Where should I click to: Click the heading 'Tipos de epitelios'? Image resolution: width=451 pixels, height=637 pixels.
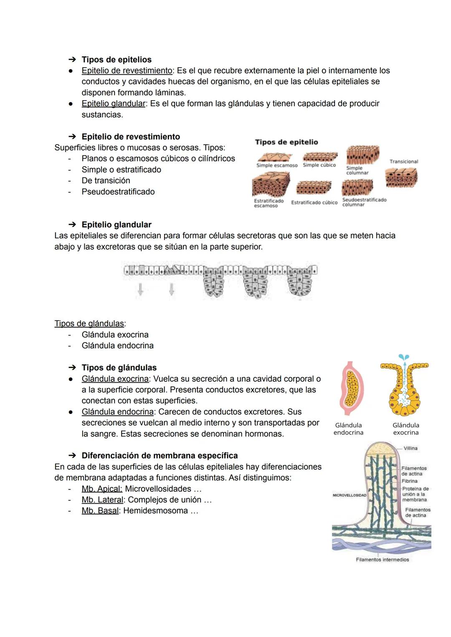pyautogui.click(x=117, y=60)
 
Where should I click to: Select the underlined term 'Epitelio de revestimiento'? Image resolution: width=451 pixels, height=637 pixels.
pyautogui.click(x=127, y=71)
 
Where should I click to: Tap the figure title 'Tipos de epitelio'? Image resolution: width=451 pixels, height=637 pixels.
pyautogui.click(x=286, y=142)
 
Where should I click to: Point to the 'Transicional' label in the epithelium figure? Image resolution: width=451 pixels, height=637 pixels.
pyautogui.click(x=403, y=162)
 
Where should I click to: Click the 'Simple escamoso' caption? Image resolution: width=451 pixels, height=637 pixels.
pyautogui.click(x=277, y=165)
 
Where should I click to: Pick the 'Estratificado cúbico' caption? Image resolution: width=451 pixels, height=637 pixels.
pyautogui.click(x=314, y=203)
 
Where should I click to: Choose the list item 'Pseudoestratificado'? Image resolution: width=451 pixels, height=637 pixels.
pyautogui.click(x=118, y=192)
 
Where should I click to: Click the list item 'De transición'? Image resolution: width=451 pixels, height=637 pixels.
pyautogui.click(x=106, y=180)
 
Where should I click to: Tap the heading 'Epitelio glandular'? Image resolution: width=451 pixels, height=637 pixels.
pyautogui.click(x=117, y=225)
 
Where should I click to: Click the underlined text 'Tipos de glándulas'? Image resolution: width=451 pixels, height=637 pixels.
pyautogui.click(x=90, y=324)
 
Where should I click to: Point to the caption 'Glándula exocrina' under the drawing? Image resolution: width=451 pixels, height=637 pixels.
pyautogui.click(x=405, y=429)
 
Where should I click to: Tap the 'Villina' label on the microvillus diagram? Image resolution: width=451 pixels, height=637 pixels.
pyautogui.click(x=410, y=448)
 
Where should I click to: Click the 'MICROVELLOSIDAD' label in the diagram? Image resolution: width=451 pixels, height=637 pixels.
pyautogui.click(x=350, y=495)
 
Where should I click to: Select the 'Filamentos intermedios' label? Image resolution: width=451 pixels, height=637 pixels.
pyautogui.click(x=382, y=560)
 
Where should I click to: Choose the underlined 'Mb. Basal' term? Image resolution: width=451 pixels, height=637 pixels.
pyautogui.click(x=100, y=511)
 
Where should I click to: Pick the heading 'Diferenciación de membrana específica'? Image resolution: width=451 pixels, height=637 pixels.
pyautogui.click(x=160, y=456)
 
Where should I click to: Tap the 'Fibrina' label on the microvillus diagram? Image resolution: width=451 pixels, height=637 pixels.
pyautogui.click(x=410, y=481)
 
